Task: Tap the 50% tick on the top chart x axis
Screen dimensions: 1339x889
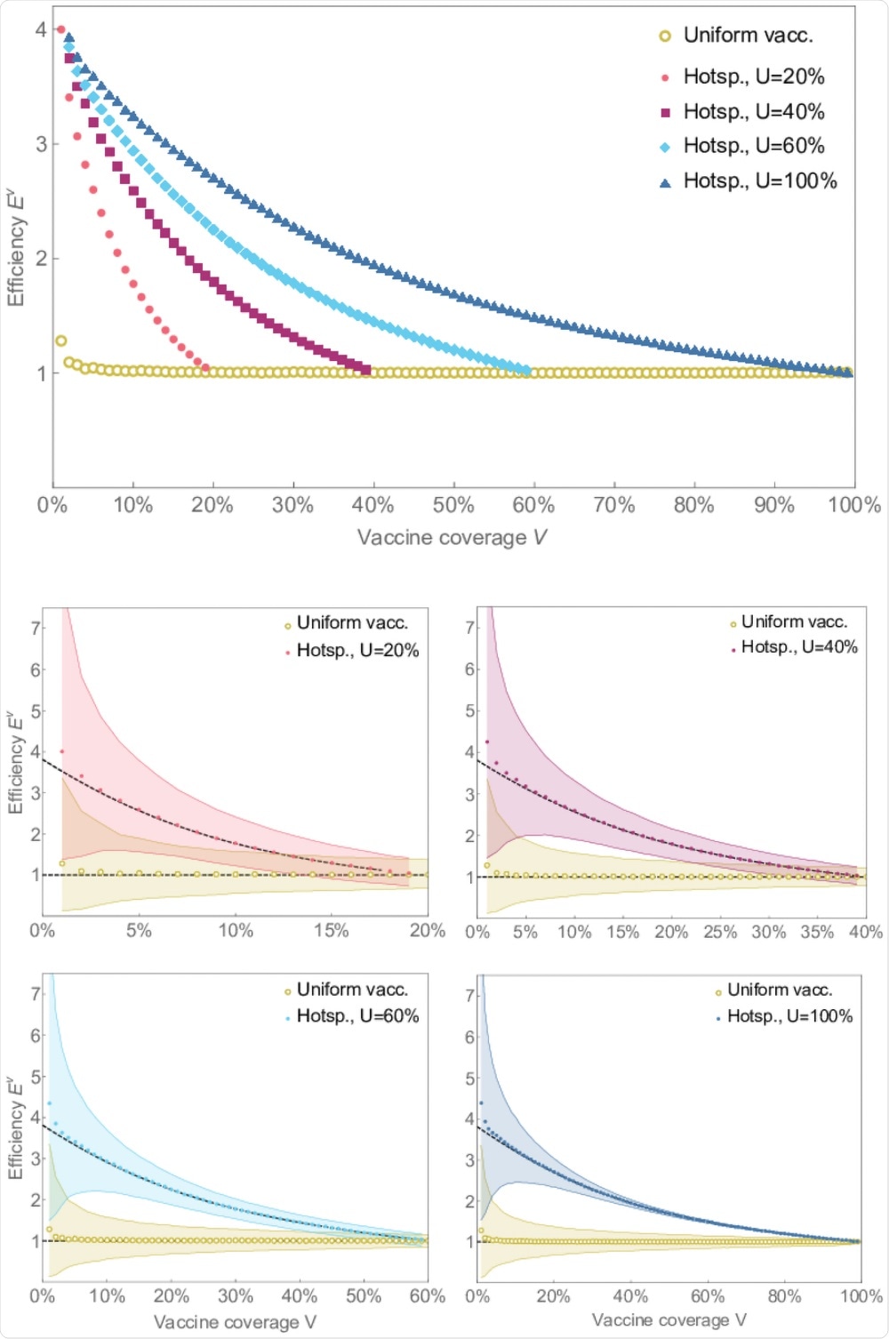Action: [453, 506]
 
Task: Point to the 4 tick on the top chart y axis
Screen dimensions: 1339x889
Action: [41, 29]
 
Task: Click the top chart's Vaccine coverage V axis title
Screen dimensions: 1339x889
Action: [451, 537]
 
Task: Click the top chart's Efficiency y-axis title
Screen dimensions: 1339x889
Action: [15, 248]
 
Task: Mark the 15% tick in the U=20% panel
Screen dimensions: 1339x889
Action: [332, 931]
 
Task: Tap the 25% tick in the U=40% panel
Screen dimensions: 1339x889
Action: [719, 933]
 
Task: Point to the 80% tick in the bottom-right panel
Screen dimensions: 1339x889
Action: [784, 1296]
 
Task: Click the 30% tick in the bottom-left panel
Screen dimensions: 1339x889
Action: [236, 1296]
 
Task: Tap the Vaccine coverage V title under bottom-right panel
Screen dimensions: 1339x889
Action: [669, 1320]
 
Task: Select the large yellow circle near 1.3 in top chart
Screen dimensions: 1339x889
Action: [61, 341]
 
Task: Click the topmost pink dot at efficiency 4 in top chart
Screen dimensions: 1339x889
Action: [60, 29]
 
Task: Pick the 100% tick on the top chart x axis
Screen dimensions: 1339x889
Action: [853, 506]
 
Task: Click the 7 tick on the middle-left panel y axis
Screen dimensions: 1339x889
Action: [36, 629]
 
